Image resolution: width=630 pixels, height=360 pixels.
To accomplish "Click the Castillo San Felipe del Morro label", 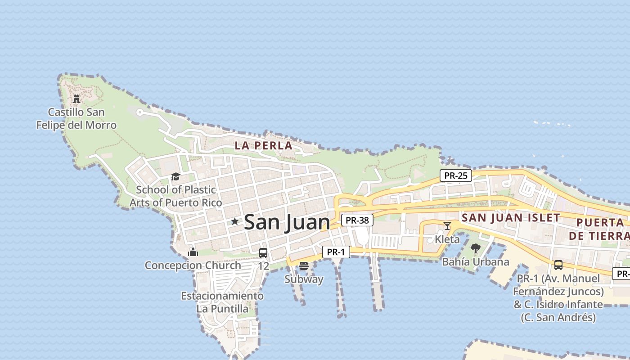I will coord(76,119).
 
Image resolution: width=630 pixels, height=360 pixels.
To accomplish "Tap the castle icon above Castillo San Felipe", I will coord(76,99).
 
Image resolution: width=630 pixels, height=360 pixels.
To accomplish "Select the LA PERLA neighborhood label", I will coord(263,146).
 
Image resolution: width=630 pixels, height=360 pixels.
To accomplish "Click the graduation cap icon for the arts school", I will coord(175,176).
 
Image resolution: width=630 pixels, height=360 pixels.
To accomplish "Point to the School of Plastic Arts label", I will coord(176,196).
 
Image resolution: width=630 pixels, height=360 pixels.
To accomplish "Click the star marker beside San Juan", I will coord(234,221).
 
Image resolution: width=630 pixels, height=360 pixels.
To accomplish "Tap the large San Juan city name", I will coord(287,222).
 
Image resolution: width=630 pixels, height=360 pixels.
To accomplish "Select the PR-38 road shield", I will coord(357,220).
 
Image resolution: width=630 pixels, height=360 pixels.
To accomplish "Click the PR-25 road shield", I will coord(456,175).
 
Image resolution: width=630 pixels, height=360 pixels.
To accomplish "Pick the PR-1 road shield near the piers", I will coord(336,252).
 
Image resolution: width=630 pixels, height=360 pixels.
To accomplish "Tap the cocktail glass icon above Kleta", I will coord(447,225).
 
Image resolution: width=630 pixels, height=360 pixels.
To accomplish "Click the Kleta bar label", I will coord(447,239).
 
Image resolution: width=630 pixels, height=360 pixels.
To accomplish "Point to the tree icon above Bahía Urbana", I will coord(476,248).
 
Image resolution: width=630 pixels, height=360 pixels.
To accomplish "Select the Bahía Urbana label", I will coord(476,261).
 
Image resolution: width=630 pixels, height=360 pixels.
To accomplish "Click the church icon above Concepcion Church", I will coord(193,252).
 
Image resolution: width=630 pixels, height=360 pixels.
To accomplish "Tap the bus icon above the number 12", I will coord(263,253).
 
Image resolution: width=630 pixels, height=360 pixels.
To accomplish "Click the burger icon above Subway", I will coord(304,266).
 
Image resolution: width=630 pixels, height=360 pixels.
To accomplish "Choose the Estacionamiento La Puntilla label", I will coord(222,302).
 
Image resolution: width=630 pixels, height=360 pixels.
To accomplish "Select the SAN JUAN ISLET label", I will coord(511,218).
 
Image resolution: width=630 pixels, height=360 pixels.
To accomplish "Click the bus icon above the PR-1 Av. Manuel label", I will coord(558,265).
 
